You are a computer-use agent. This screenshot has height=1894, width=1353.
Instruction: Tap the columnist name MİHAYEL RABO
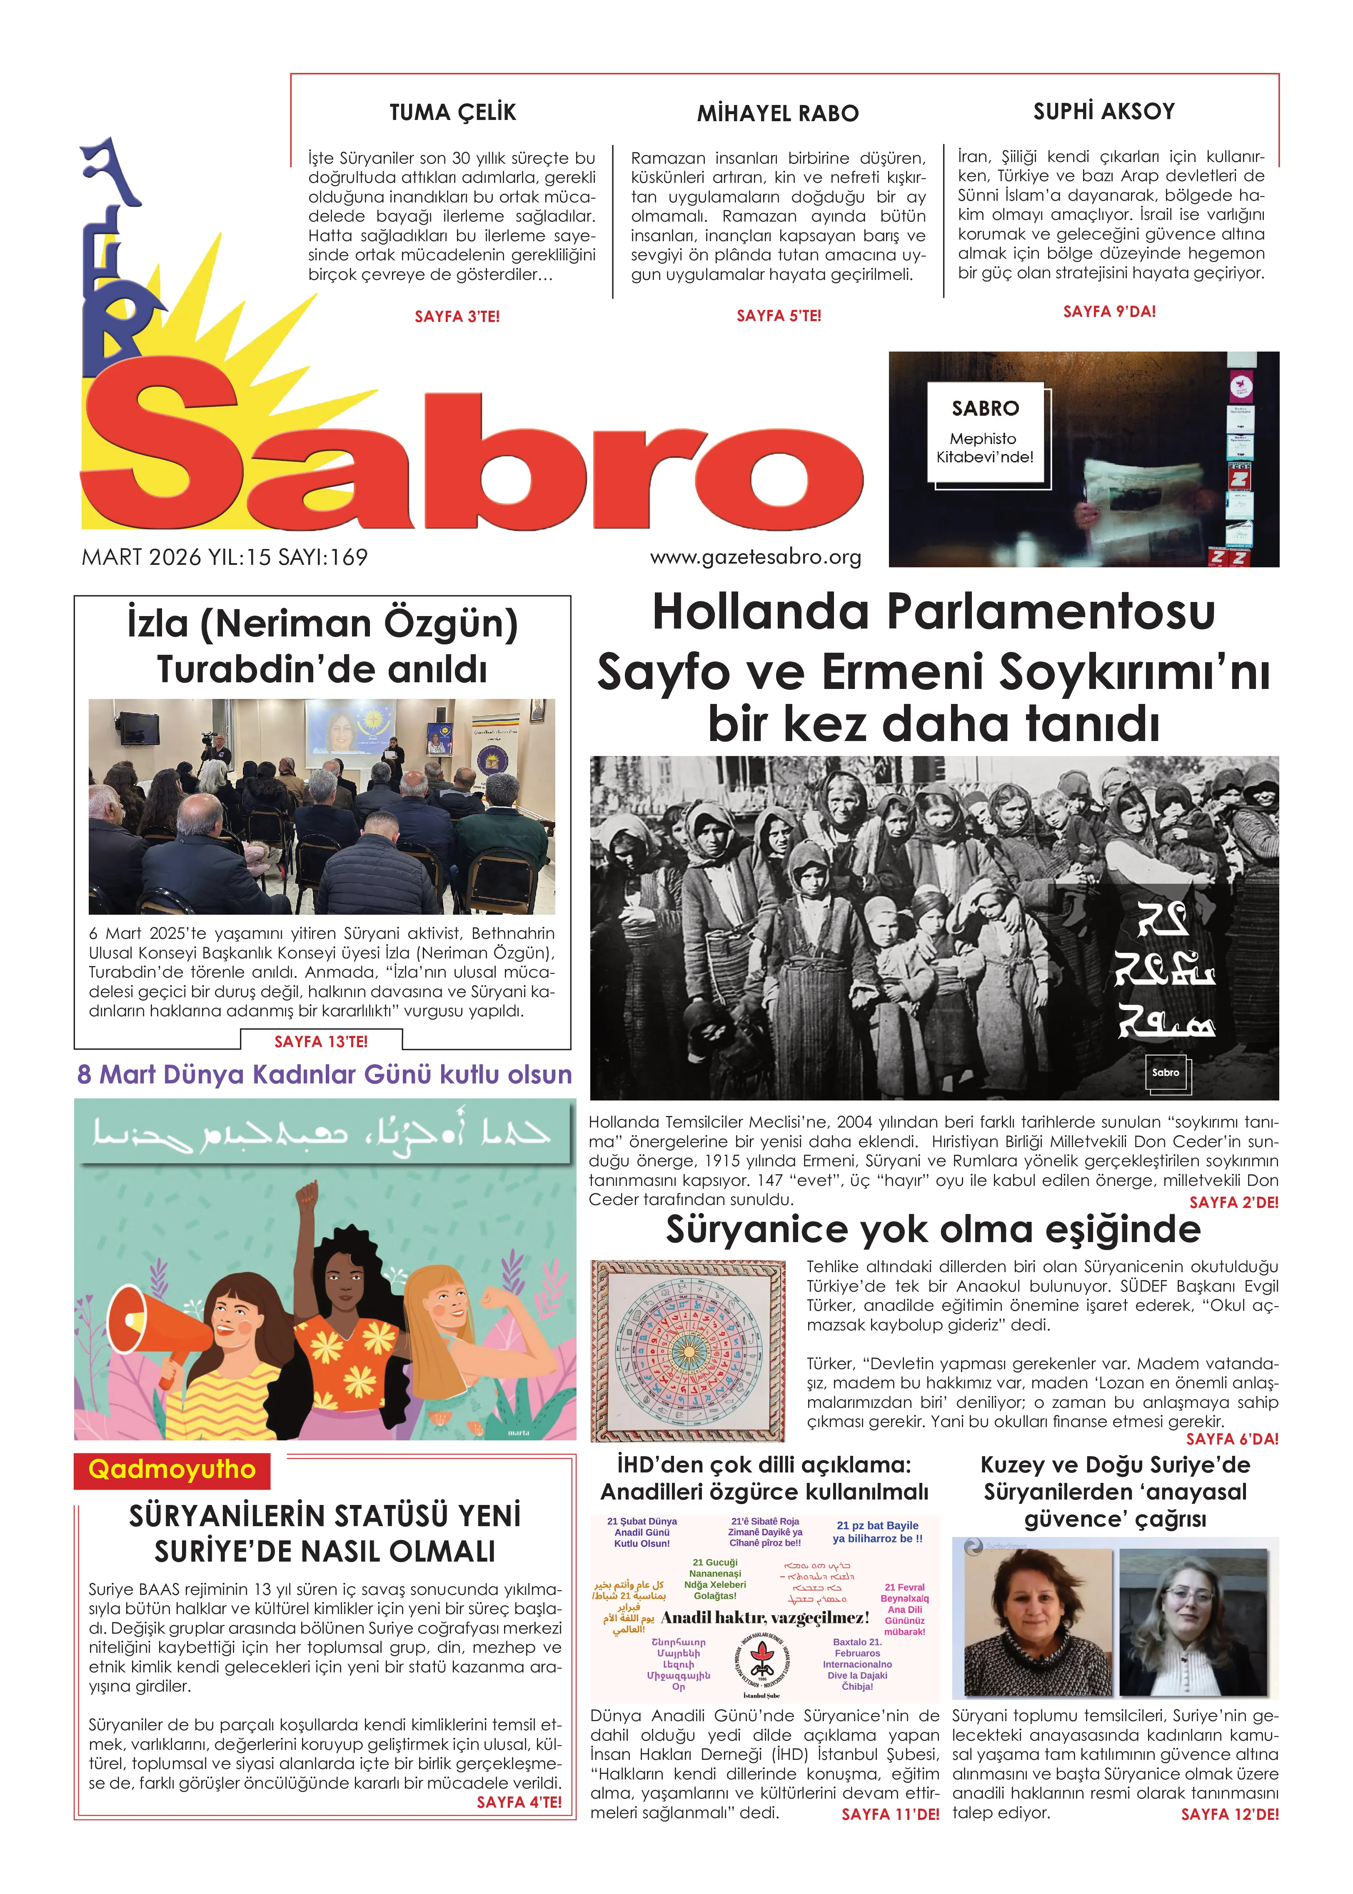777,113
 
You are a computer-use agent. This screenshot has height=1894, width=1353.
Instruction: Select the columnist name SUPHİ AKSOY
1104,112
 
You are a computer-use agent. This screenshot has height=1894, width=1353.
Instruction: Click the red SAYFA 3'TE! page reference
457,317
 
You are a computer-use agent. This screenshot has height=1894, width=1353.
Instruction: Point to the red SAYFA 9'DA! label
1109,312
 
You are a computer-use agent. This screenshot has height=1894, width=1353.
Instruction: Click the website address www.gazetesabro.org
756,557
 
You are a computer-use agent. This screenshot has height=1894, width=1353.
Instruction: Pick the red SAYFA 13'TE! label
321,1041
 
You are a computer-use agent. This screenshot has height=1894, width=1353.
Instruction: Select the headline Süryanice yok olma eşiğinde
933,1229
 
